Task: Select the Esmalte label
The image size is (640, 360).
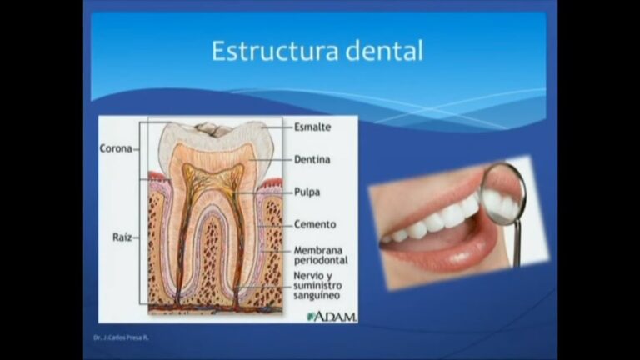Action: tap(312, 127)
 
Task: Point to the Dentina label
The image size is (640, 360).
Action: tap(312, 158)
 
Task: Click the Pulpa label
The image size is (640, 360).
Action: tap(307, 191)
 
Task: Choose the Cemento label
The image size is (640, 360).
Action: tap(315, 224)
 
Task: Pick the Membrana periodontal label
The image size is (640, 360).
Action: tap(321, 255)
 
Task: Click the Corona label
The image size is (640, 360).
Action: tap(116, 149)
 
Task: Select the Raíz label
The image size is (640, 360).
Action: tap(122, 237)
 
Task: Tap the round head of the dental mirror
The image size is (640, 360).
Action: tap(503, 194)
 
